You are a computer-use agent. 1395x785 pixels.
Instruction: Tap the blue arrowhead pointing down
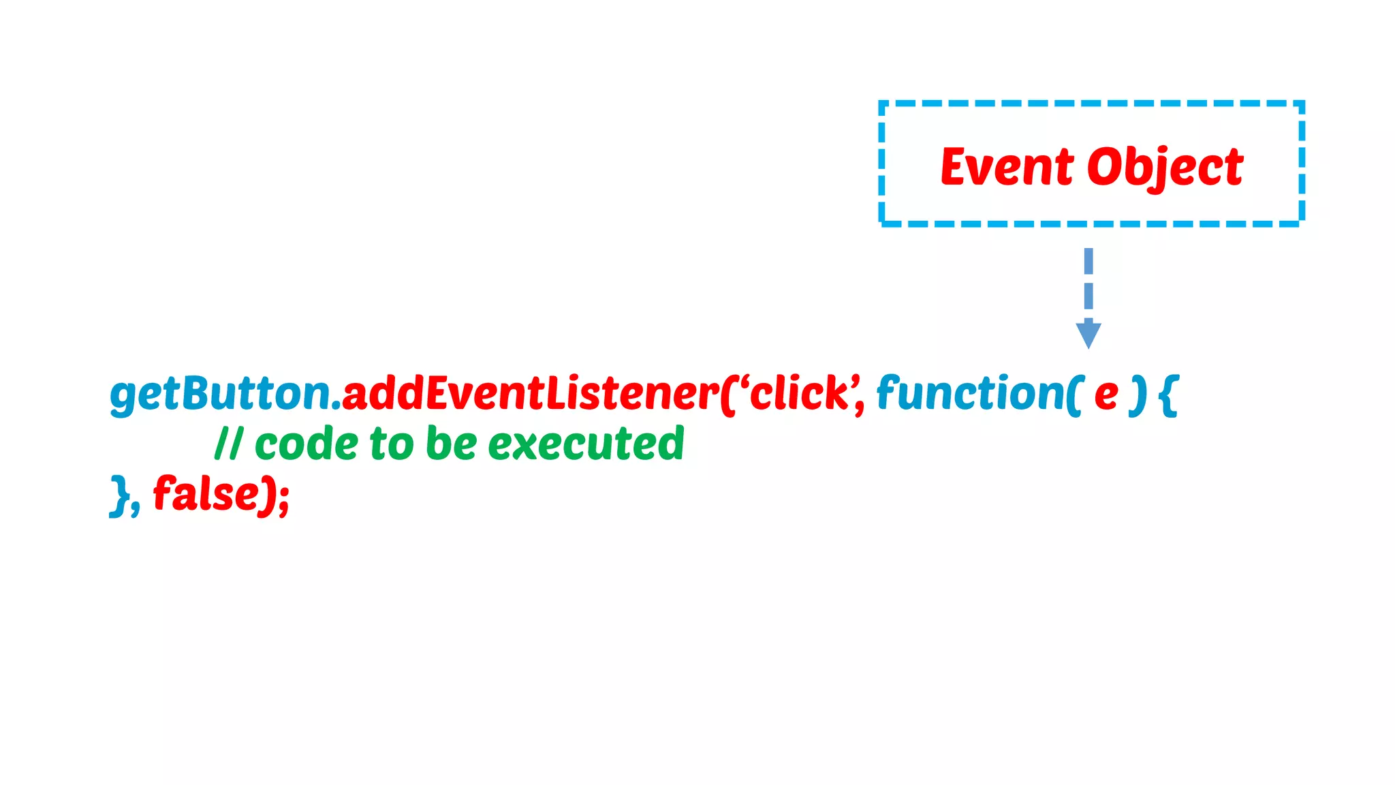tap(1088, 335)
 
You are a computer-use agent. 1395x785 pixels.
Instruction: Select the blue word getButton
tap(220, 394)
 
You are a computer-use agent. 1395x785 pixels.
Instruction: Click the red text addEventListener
tap(530, 394)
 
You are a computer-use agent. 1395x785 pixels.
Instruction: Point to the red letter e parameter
tap(1106, 395)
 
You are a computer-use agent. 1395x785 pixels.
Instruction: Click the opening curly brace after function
tap(1169, 395)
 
